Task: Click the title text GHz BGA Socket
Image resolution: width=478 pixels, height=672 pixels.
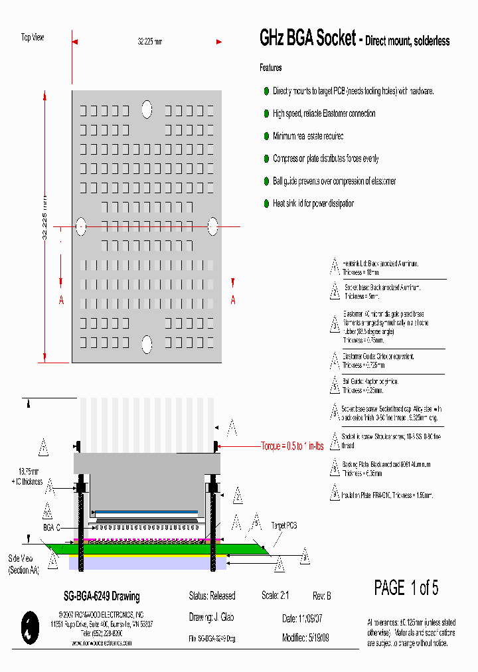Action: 307,39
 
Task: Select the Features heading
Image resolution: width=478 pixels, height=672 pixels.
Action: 270,68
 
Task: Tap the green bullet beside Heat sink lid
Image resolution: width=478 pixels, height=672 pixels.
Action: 266,204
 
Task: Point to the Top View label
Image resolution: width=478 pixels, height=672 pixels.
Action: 33,38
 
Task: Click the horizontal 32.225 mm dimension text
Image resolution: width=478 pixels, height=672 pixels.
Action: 149,42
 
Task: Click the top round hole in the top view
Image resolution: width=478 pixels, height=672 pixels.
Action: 147,108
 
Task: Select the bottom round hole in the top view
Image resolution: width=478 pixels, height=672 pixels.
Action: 147,344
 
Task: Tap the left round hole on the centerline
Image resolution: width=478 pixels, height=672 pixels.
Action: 80,226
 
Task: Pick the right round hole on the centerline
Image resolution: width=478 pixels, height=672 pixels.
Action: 213,226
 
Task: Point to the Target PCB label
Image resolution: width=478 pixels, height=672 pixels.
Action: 283,525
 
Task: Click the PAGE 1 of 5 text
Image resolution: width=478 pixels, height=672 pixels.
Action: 406,588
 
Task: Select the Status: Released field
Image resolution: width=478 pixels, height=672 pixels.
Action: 212,596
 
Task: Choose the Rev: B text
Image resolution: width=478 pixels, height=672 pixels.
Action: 321,596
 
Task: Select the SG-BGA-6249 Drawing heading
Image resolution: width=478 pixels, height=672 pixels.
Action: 97,596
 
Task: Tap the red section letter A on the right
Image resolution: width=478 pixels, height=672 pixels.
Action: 233,300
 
